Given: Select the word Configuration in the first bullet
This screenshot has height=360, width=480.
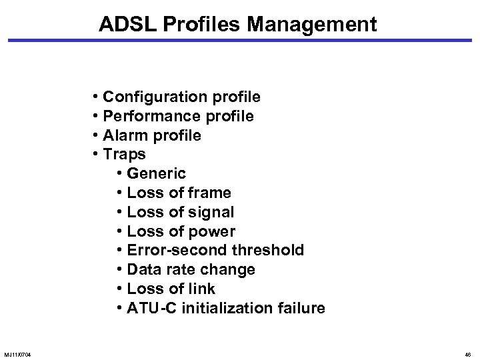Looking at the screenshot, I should [154, 97].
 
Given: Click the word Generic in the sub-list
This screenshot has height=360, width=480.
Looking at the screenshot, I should [156, 174].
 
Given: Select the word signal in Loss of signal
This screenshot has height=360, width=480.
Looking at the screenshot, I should [210, 213].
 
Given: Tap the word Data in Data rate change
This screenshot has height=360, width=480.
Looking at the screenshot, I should [141, 270].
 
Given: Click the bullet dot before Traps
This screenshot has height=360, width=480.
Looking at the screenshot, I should [97, 155].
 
